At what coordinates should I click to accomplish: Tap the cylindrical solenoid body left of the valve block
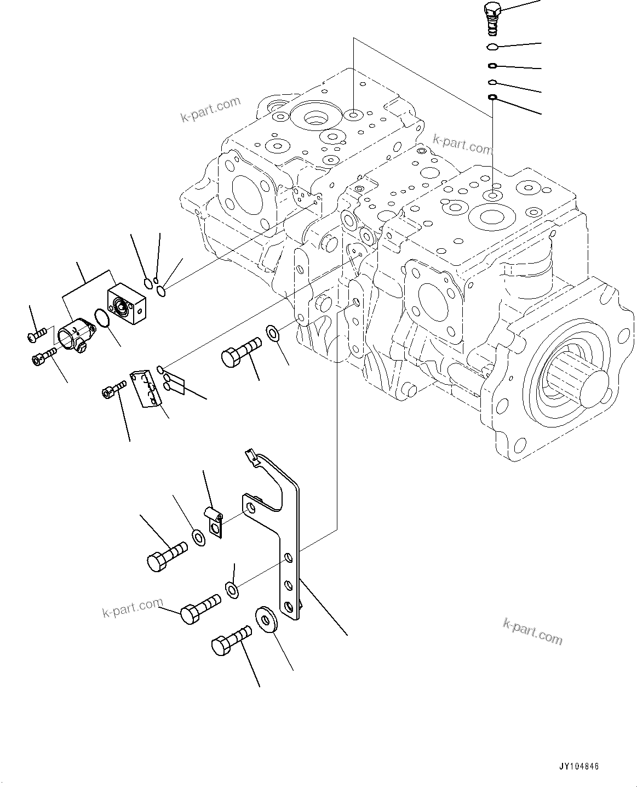pos(76,333)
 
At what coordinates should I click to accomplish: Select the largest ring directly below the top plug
pos(492,47)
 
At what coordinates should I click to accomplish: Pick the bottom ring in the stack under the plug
pos(492,98)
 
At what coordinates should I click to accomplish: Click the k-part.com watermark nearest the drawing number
pos(532,631)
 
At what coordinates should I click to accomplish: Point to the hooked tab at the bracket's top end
pos(251,457)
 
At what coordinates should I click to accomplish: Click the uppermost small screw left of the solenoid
pos(37,334)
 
